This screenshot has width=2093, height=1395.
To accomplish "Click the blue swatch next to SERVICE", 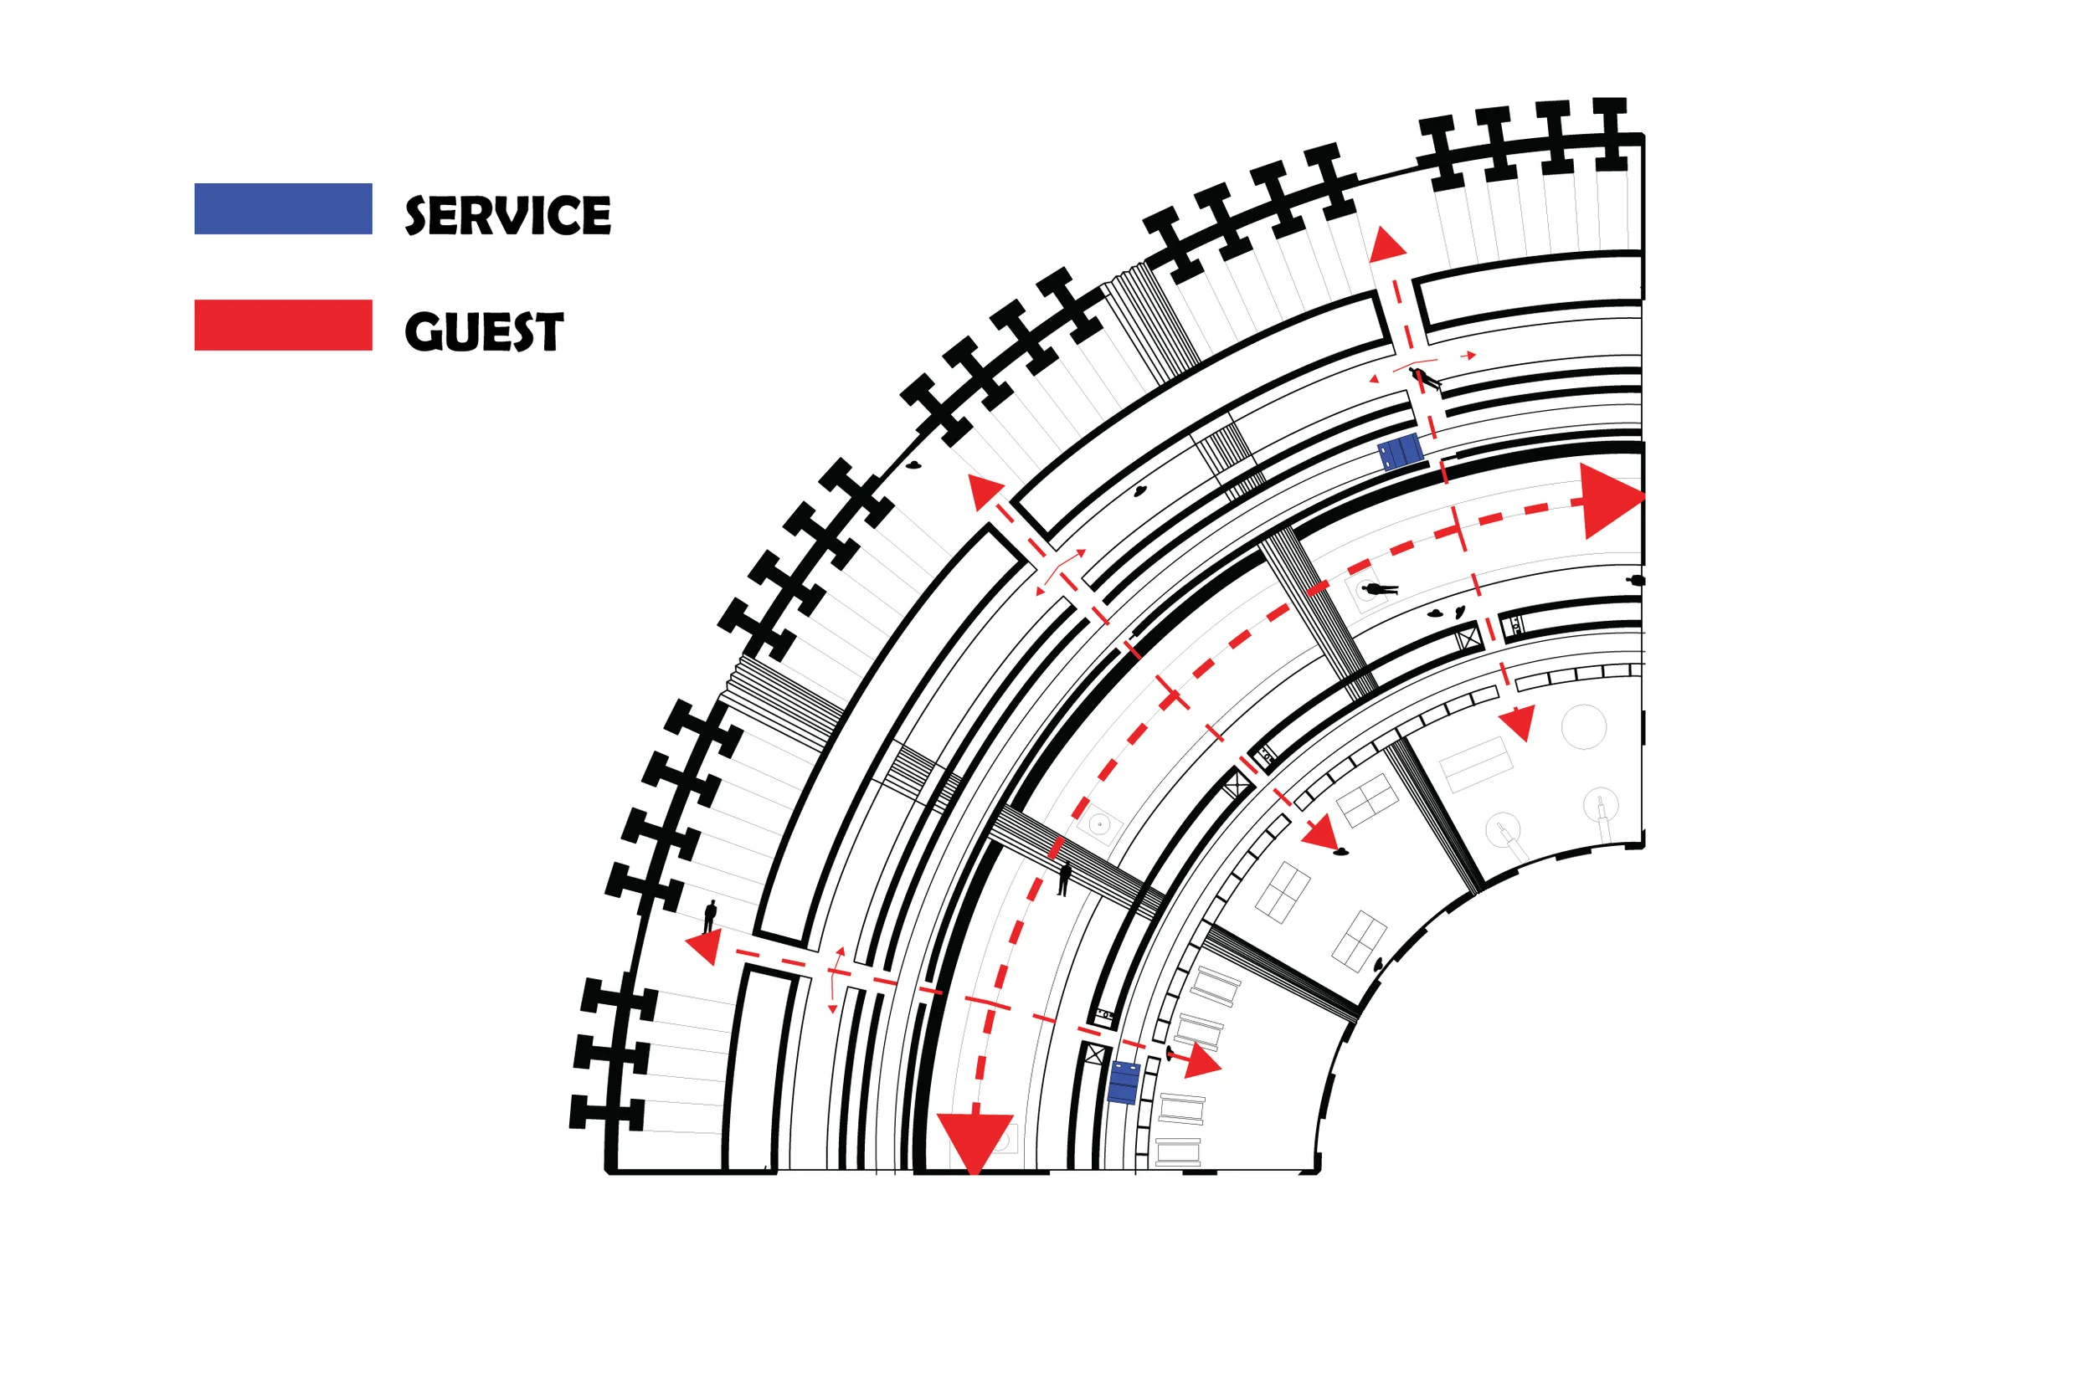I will pos(283,209).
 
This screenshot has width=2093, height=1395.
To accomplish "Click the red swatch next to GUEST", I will pos(283,325).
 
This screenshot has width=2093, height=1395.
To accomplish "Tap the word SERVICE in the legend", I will pos(508,215).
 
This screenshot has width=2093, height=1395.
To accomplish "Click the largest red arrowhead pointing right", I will pos(1611,500).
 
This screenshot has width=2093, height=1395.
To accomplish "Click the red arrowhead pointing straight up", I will pos(1386,245).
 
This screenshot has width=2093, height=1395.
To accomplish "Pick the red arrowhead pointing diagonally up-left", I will pos(985,491).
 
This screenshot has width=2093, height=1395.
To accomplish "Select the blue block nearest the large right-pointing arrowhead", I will pos(1400,452).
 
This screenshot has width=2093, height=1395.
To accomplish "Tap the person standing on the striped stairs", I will pos(1064,878).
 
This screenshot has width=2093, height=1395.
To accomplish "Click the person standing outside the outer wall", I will pos(710,916).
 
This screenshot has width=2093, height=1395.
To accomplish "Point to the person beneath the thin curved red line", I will pos(1427,379).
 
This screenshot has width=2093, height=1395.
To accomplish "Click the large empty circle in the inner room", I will pos(1584,727).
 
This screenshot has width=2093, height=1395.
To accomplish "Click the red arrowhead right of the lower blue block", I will pos(1201,1061).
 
